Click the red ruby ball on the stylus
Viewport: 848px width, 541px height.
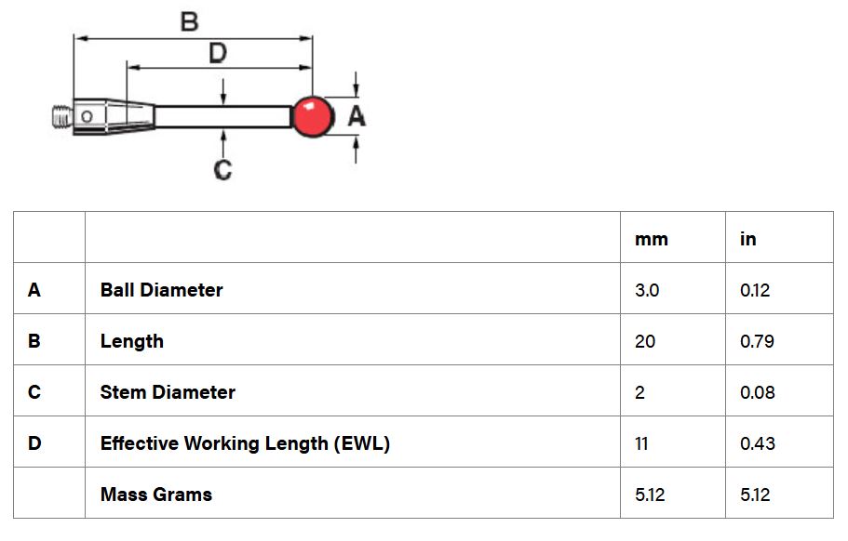[x=313, y=116]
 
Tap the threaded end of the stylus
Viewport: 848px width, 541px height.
[x=62, y=116]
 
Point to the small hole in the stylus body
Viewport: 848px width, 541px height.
[x=87, y=116]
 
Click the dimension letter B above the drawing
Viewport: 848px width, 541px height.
[x=189, y=22]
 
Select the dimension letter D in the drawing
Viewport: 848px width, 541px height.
[x=218, y=54]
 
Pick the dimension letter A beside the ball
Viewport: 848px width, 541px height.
[x=357, y=116]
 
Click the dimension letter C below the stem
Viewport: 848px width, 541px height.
[x=222, y=169]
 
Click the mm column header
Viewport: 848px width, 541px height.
[x=652, y=239]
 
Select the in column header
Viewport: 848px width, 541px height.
[x=748, y=238]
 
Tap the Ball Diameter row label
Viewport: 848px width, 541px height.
[x=162, y=290]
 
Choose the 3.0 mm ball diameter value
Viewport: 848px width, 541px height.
[x=647, y=290]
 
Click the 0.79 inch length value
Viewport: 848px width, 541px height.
[x=757, y=341]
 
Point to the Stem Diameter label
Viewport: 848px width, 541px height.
[x=168, y=392]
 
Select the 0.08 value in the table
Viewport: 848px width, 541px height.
[x=757, y=392]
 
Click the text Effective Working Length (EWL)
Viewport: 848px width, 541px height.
[x=245, y=443]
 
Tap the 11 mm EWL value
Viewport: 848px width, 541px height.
[x=641, y=443]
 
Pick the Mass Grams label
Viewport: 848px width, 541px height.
[x=156, y=495]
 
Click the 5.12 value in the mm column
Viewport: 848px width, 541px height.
[x=650, y=495]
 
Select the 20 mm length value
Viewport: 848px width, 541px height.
[x=645, y=341]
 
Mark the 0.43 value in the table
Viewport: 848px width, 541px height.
[x=757, y=443]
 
